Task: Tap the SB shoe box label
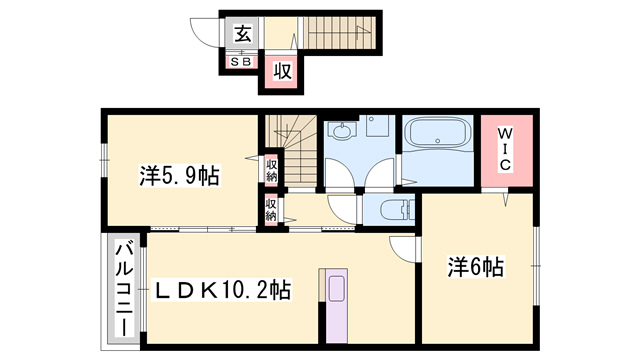(x=241, y=61)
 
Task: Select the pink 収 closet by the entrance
(x=282, y=70)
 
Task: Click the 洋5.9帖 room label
(x=179, y=176)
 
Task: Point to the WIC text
(x=505, y=146)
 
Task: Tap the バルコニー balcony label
(x=123, y=289)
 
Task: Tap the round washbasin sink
(x=342, y=131)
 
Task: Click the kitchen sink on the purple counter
(x=334, y=290)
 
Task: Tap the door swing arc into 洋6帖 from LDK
(x=402, y=251)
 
